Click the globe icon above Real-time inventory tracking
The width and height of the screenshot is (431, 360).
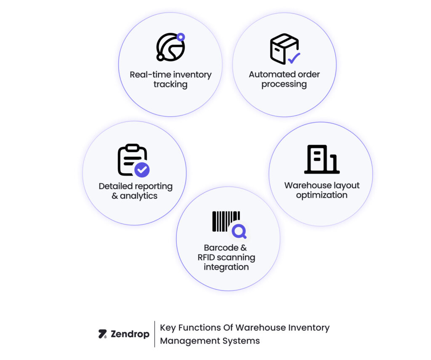[x=170, y=47]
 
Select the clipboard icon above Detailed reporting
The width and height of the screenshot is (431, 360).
[x=132, y=160]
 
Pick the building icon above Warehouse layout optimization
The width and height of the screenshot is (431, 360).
[x=322, y=160]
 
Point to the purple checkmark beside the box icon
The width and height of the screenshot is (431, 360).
[x=294, y=58]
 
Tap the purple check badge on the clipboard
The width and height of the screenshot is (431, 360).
[x=142, y=170]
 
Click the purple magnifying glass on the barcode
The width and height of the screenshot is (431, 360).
[x=239, y=231]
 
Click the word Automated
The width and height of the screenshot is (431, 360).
[x=266, y=75]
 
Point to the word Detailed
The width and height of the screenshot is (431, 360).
[x=115, y=186]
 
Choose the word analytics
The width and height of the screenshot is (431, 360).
[x=138, y=196]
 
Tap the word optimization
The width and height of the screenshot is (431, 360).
[x=322, y=195]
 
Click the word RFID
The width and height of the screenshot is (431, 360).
[x=209, y=257]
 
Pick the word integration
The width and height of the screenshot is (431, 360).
[x=226, y=267]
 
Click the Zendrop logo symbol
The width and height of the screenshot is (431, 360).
[x=102, y=334]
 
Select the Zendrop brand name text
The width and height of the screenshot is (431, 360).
[x=130, y=334]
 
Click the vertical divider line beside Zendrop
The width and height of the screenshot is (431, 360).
[x=154, y=334]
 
